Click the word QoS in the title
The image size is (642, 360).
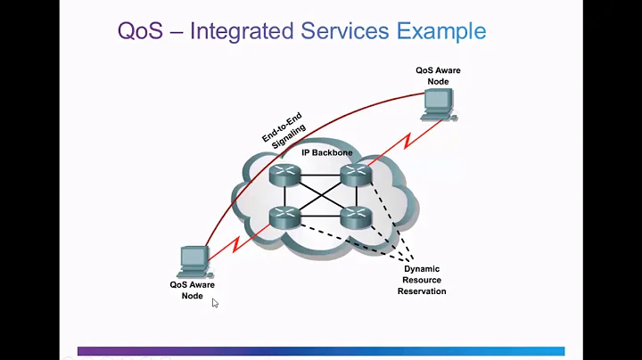[x=141, y=31]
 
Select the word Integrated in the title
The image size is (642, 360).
[x=242, y=32]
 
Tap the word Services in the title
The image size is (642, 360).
[x=345, y=31]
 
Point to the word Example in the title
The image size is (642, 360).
[x=441, y=32]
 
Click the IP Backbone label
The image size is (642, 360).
[x=327, y=152]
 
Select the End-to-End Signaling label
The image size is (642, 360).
[x=284, y=130]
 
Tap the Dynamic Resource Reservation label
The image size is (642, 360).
[x=422, y=280]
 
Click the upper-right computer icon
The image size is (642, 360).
[x=439, y=105]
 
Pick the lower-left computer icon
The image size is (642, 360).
[x=195, y=262]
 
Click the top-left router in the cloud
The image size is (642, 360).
[x=285, y=175]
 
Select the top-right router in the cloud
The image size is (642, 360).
[x=356, y=175]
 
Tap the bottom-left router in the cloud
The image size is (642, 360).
[x=285, y=217]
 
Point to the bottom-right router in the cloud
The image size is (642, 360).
[x=356, y=217]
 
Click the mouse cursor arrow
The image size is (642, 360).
[x=215, y=303]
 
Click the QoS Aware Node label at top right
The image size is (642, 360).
[x=438, y=76]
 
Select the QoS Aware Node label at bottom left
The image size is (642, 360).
[x=192, y=290]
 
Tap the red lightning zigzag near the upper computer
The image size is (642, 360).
[x=407, y=141]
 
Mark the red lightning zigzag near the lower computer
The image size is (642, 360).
[x=236, y=244]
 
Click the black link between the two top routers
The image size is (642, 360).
[x=321, y=175]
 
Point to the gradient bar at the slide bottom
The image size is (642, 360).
[x=321, y=351]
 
